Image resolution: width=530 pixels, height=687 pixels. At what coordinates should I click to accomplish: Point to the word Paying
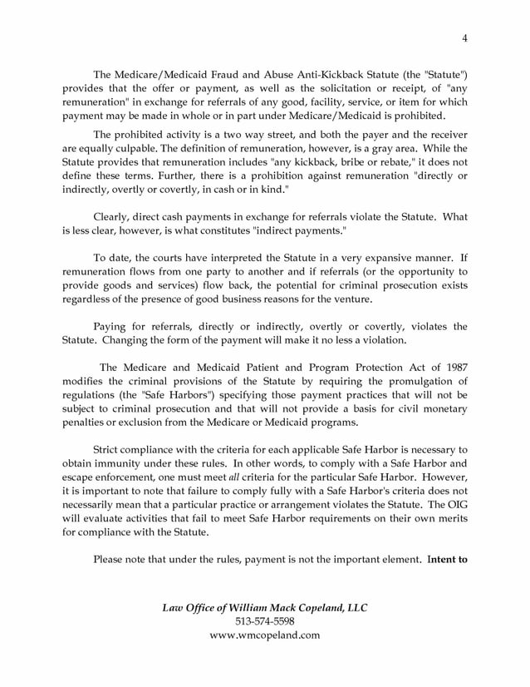tap(112, 326)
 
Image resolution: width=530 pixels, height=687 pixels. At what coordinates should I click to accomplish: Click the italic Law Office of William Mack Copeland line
tap(264, 607)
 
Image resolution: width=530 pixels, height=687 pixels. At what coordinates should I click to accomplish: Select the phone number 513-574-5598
tap(264, 621)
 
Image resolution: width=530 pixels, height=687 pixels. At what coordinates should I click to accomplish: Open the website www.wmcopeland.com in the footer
tap(264, 635)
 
